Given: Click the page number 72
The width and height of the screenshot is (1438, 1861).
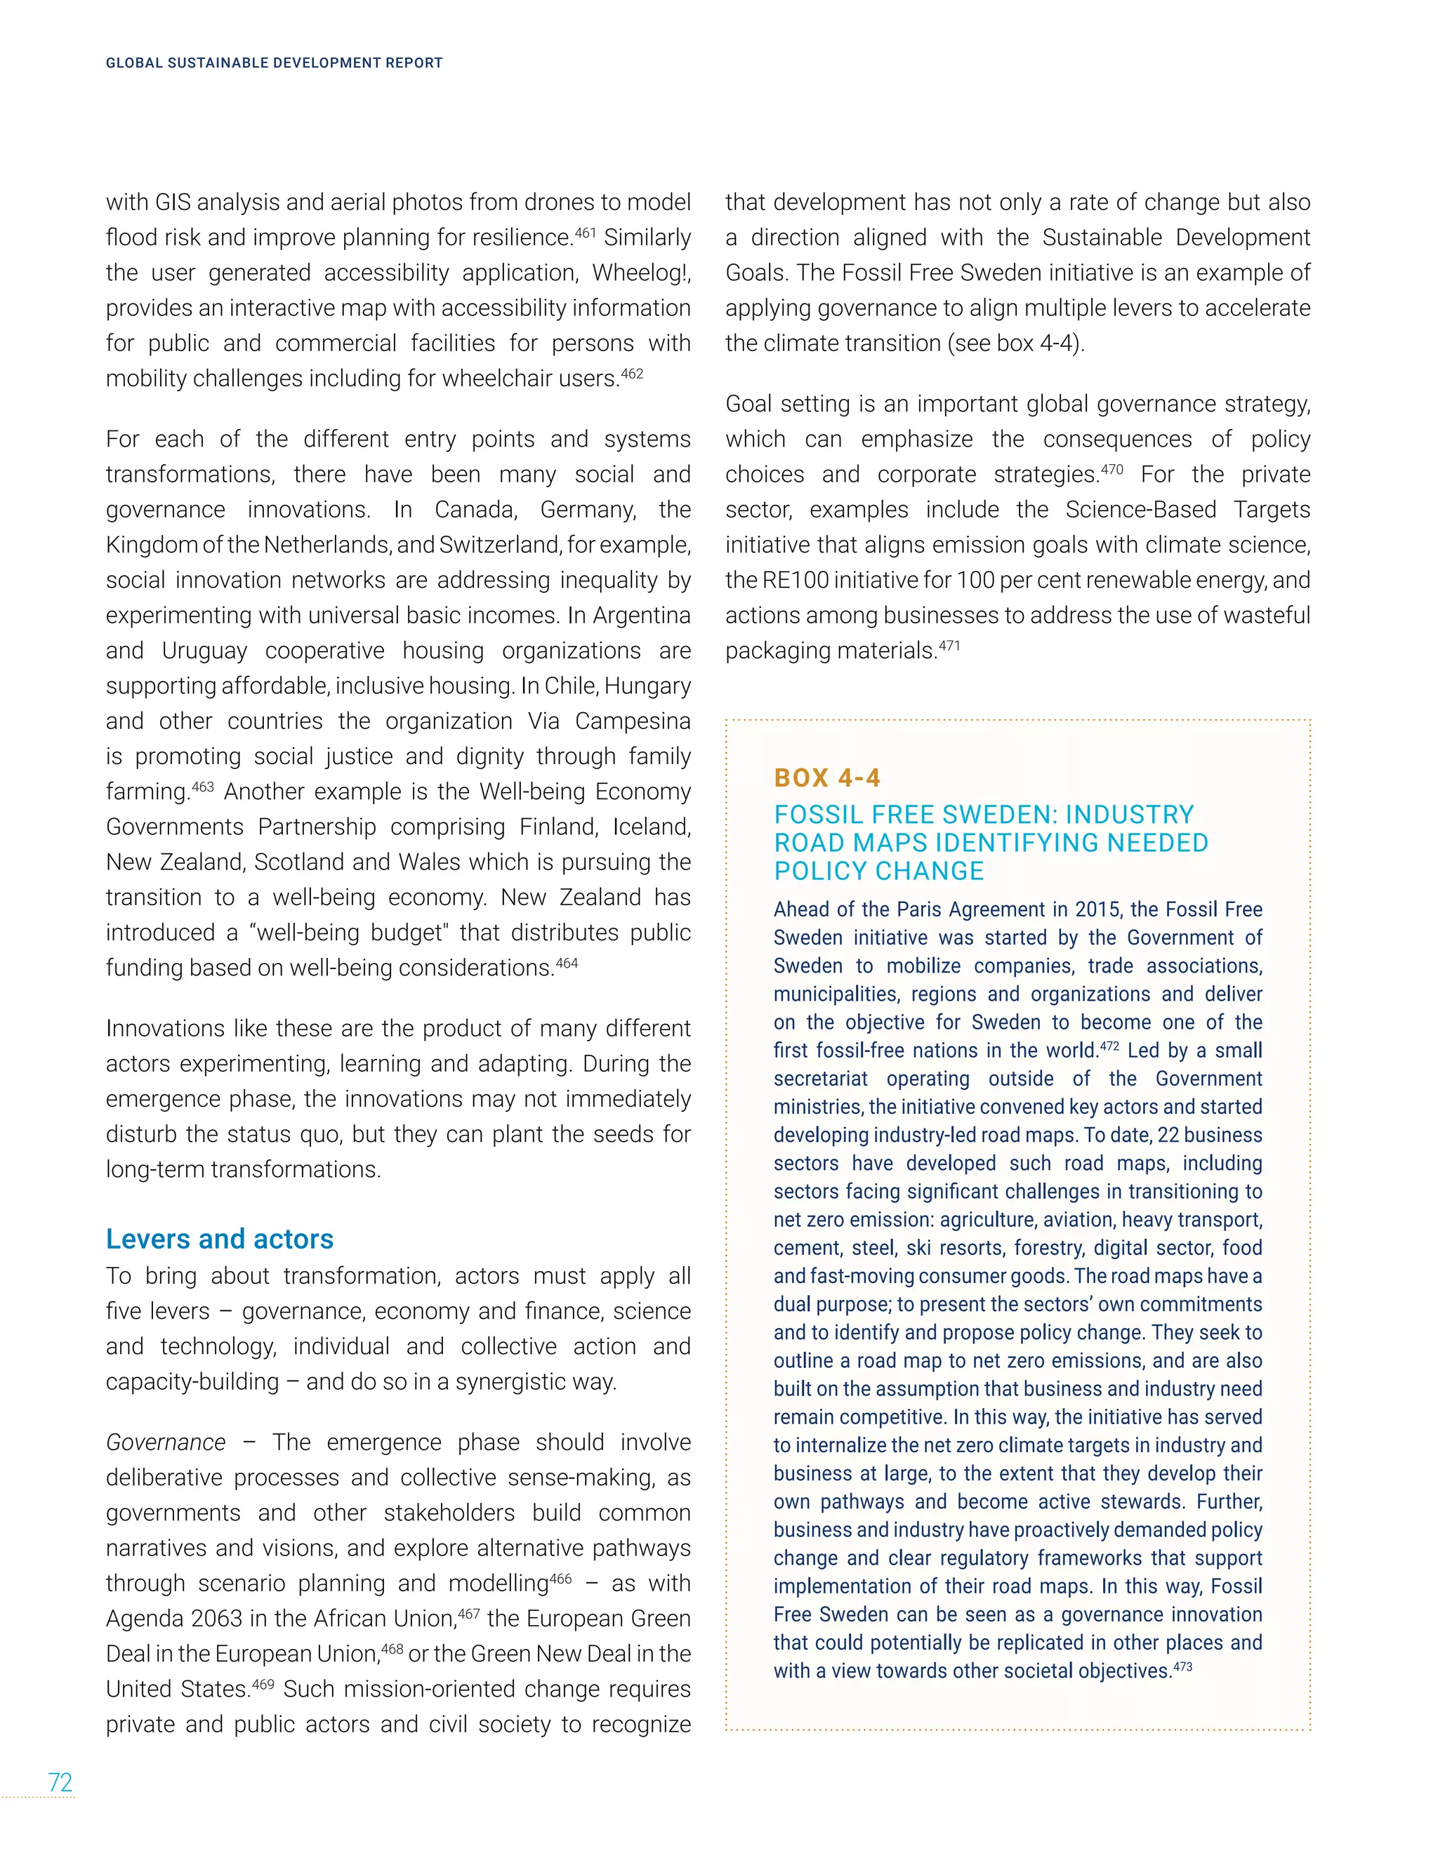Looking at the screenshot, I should point(60,1782).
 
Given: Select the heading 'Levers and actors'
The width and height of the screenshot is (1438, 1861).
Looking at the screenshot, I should point(219,1238).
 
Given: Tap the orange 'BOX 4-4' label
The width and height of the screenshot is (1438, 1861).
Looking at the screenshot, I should point(826,777).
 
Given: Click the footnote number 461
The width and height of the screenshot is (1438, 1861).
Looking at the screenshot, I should point(583,231).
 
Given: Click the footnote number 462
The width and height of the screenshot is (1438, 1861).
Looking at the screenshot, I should point(631,372).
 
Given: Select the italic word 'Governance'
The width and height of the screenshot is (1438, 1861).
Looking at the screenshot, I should point(165,1442).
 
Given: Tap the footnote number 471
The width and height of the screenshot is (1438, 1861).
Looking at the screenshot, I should point(949,645).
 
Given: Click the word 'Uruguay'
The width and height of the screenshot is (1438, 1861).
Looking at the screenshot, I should point(204,650).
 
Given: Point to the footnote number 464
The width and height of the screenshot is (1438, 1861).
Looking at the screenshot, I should point(567,963).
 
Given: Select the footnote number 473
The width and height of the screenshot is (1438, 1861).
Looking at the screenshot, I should point(1182,1666).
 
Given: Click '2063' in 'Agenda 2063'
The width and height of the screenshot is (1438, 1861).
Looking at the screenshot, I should point(223,1618).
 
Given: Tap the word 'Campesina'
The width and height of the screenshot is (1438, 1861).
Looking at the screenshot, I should point(632,721).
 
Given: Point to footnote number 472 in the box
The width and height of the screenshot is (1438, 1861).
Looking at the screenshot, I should point(1108,1046).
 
